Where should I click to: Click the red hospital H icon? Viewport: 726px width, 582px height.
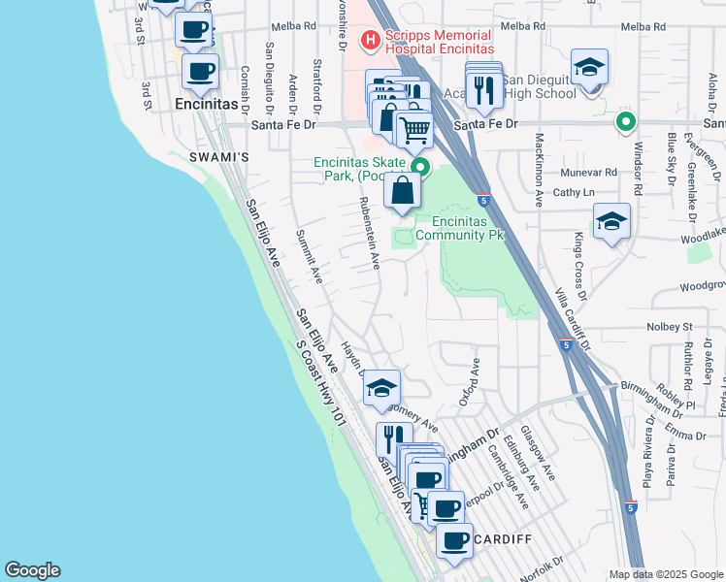(x=369, y=40)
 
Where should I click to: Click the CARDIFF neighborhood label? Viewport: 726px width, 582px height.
(x=504, y=539)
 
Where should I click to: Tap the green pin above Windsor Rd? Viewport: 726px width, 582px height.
(x=626, y=122)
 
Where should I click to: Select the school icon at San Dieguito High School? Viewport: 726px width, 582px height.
(x=589, y=68)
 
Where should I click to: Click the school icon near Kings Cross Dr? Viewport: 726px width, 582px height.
(x=611, y=222)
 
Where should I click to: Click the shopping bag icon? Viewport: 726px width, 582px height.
(x=403, y=190)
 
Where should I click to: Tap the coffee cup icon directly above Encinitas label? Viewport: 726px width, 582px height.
(x=200, y=71)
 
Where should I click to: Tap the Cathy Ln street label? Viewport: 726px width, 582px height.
(x=574, y=193)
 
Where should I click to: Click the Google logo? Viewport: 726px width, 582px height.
(x=32, y=570)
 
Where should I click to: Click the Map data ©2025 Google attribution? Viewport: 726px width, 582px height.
(x=666, y=574)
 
